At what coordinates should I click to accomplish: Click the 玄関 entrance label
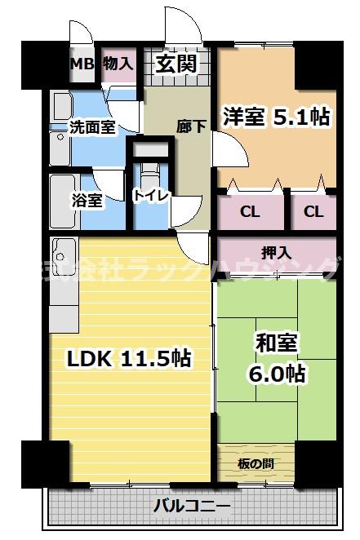(176, 64)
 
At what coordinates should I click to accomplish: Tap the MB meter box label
(81, 64)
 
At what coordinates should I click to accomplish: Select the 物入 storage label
(118, 64)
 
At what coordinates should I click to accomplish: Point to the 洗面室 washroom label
(91, 126)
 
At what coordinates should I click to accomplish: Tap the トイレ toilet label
(150, 196)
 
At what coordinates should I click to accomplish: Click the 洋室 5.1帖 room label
(273, 117)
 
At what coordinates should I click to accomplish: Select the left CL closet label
(250, 211)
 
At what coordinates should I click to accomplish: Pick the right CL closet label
(313, 211)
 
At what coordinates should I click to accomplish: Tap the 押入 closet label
(276, 253)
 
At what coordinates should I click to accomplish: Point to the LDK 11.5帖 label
(129, 356)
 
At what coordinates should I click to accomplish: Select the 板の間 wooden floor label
(256, 463)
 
